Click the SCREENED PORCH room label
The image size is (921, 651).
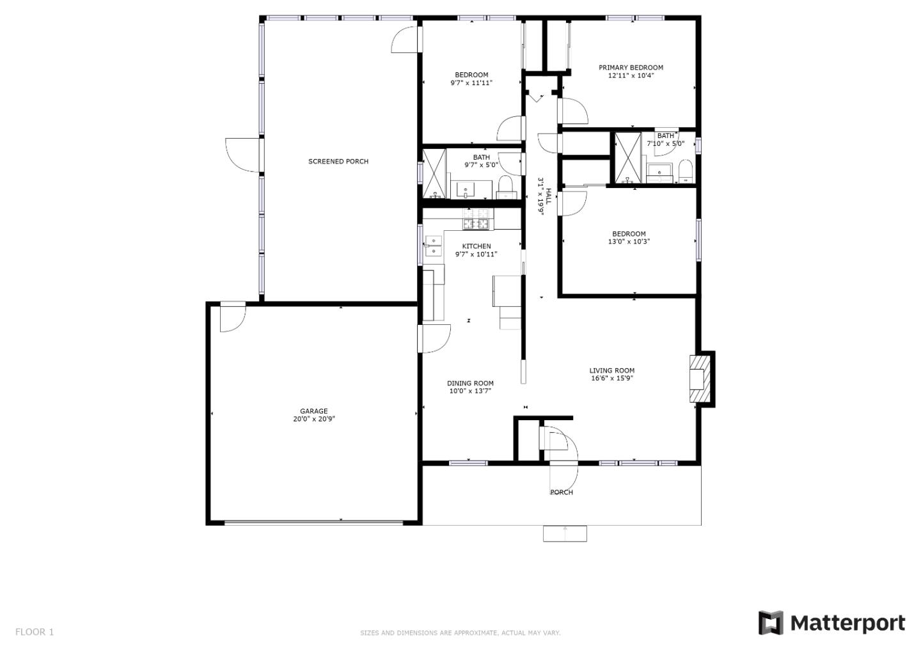[338, 162]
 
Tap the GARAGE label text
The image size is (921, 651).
[313, 411]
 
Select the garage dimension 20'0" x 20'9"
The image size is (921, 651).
[314, 420]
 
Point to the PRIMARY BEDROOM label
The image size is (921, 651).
[631, 67]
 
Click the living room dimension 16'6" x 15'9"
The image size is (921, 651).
[612, 378]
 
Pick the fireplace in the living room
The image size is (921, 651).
[700, 379]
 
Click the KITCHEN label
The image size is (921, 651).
[476, 246]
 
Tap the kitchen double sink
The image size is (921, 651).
[434, 246]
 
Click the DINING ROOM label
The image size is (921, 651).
[470, 384]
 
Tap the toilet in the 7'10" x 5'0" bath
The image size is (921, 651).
[686, 171]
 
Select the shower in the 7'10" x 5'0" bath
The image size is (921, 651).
[627, 157]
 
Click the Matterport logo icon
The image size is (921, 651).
[771, 623]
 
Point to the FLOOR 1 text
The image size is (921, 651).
[35, 632]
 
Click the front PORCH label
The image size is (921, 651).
[562, 492]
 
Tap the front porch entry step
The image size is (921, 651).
[565, 533]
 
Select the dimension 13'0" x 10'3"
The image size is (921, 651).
[629, 242]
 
